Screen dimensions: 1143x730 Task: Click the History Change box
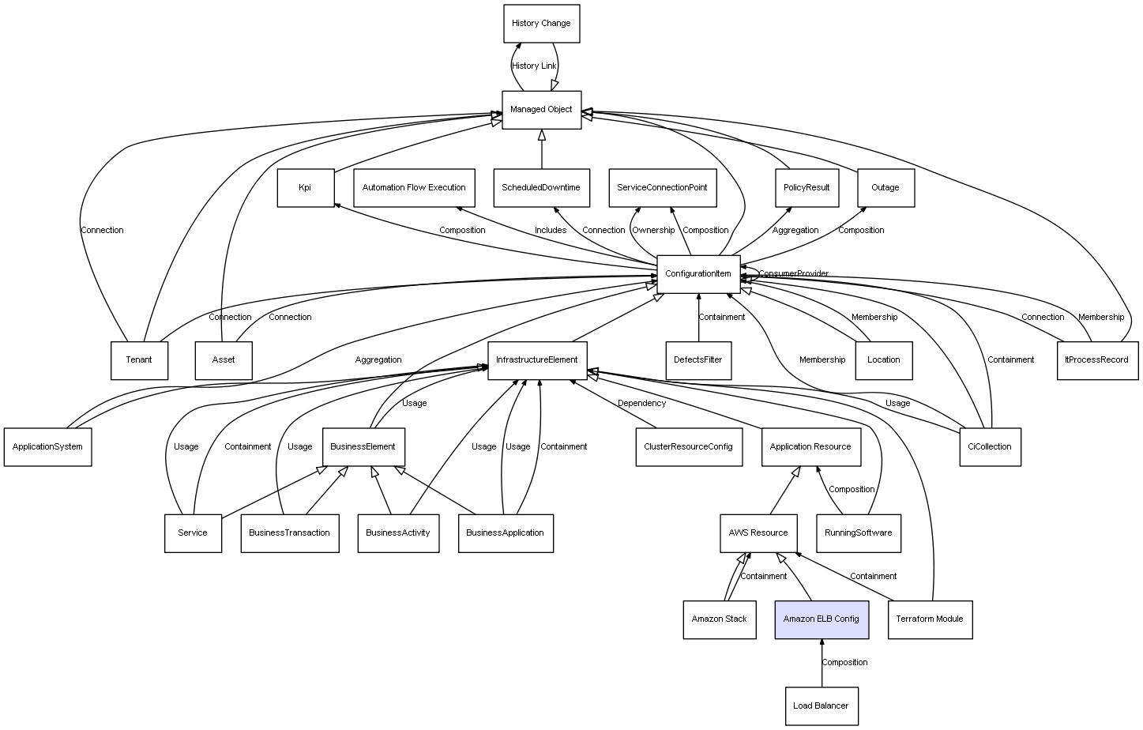541,24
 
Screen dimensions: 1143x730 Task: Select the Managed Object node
541,110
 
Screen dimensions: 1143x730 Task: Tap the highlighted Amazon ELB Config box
822,619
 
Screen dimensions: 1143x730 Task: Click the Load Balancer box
822,706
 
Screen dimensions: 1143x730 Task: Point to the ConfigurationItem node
698,274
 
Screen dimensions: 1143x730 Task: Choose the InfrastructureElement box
537,360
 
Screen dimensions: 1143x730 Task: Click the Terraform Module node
931,619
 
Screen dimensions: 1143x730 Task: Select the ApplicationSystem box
48,446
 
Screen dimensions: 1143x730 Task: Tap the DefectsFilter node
698,360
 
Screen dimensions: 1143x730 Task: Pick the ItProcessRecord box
1098,360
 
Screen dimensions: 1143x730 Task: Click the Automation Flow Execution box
414,188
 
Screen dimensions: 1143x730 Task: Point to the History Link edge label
534,66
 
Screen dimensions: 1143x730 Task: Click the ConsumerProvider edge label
794,273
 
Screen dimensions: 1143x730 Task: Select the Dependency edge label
641,403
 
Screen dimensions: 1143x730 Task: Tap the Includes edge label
551,230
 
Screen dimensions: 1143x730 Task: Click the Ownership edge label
653,230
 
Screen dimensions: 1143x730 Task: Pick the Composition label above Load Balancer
844,663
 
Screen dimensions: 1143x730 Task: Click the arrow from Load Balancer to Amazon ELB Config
822,663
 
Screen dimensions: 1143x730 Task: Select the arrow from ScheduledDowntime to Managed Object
542,149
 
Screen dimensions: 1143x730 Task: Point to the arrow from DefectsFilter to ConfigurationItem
698,318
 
